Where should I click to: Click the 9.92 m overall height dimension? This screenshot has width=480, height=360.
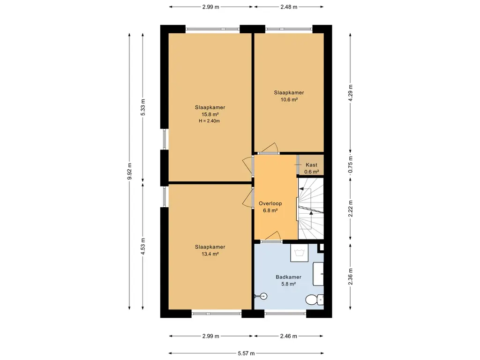pyautogui.click(x=129, y=172)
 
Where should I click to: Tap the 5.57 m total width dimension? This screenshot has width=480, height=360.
pyautogui.click(x=246, y=353)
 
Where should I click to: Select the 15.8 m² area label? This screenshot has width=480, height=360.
pyautogui.click(x=210, y=114)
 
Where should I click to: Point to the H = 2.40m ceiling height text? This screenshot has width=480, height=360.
pyautogui.click(x=210, y=121)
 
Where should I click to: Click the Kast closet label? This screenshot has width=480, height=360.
pyautogui.click(x=311, y=165)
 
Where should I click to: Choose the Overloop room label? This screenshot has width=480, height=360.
pyautogui.click(x=270, y=203)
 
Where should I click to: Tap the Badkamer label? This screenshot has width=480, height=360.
pyautogui.click(x=288, y=277)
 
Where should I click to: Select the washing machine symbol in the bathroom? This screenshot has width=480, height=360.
pyautogui.click(x=300, y=253)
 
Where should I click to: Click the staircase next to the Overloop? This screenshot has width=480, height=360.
pyautogui.click(x=311, y=208)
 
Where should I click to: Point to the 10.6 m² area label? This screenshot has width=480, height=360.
pyautogui.click(x=289, y=99)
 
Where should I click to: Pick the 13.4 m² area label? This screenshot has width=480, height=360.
pyautogui.click(x=210, y=254)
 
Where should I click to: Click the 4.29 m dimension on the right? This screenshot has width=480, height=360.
pyautogui.click(x=351, y=92)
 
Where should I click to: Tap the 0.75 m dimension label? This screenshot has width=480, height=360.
pyautogui.click(x=351, y=165)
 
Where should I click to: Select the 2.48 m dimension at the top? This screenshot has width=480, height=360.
pyautogui.click(x=289, y=7)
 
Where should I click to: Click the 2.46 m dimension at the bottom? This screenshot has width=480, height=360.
pyautogui.click(x=288, y=336)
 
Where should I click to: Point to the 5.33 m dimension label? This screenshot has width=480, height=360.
pyautogui.click(x=143, y=108)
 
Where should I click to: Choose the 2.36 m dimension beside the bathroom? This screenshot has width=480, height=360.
pyautogui.click(x=351, y=277)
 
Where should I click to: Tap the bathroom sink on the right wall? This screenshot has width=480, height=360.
pyautogui.click(x=318, y=274)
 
